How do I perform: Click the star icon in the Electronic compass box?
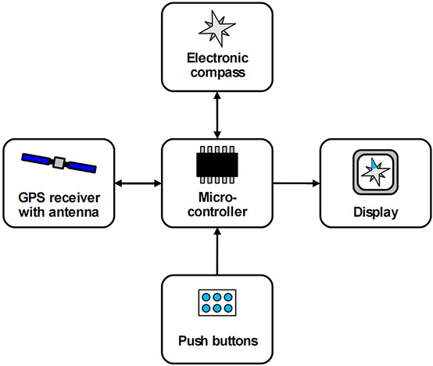[x=217, y=28]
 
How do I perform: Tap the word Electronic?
[x=217, y=58]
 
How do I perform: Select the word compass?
[x=217, y=73]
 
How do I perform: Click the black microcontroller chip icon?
[x=217, y=165]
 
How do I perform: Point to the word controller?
[x=217, y=211]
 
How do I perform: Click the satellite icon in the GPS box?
[x=59, y=163]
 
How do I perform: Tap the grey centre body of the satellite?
[x=59, y=163]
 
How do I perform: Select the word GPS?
[x=32, y=197]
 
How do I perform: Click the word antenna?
[x=73, y=212]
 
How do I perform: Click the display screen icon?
[x=376, y=172]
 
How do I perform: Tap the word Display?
[x=376, y=212]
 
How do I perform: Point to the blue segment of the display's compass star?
[x=374, y=164]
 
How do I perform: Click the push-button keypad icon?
[x=217, y=303]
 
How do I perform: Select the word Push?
[x=192, y=341]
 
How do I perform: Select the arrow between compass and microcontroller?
[x=217, y=115]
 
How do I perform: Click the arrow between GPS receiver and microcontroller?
[x=138, y=183]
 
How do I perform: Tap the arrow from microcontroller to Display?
[x=296, y=183]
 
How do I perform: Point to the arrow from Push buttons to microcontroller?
[x=217, y=251]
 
